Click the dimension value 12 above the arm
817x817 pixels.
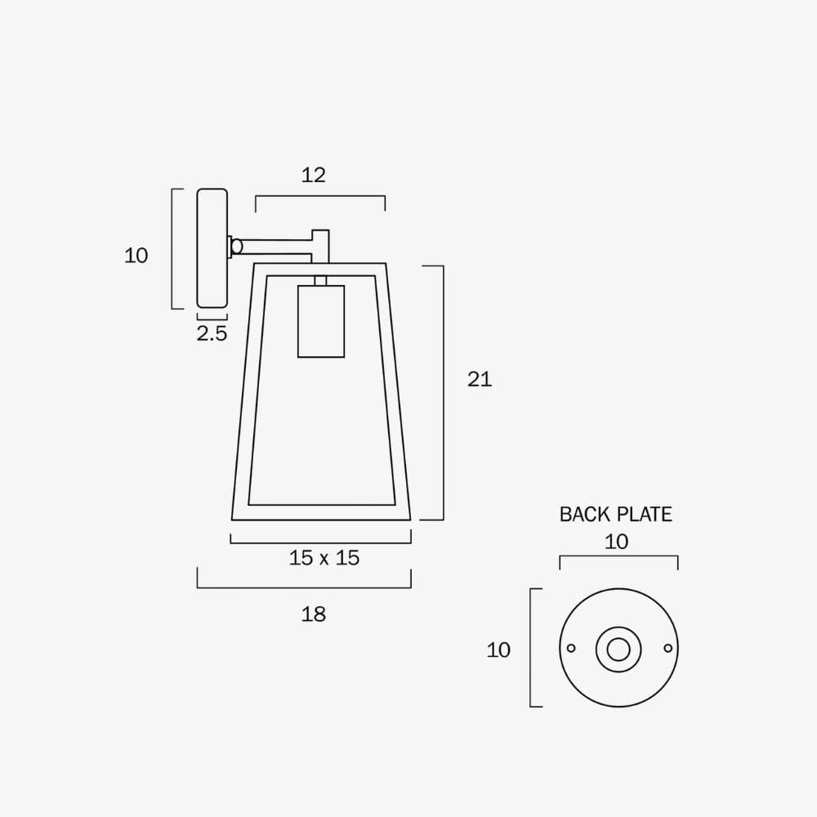click(x=313, y=175)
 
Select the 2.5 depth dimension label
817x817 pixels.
click(x=212, y=333)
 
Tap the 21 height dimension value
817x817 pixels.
click(x=480, y=379)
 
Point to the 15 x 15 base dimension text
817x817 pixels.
click(x=324, y=558)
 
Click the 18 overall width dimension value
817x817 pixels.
click(x=313, y=614)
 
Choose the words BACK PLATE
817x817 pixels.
click(x=615, y=514)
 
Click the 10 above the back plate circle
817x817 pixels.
click(x=617, y=542)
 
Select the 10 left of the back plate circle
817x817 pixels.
click(x=498, y=650)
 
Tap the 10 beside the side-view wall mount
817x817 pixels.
click(x=136, y=256)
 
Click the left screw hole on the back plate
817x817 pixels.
click(x=571, y=649)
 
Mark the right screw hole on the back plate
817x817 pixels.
click(x=668, y=649)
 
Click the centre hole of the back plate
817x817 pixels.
click(x=618, y=650)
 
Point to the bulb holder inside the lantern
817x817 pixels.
click(x=320, y=321)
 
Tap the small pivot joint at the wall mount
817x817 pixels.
click(x=236, y=245)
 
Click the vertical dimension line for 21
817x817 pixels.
click(x=443, y=392)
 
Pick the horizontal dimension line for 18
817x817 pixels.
click(x=304, y=587)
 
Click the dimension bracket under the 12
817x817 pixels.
click(x=319, y=196)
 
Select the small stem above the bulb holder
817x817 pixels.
click(x=320, y=280)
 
